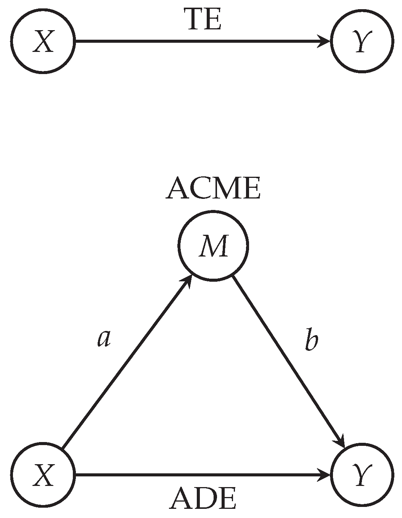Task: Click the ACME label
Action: pos(213,189)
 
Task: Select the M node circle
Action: pos(213,246)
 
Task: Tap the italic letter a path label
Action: pos(104,338)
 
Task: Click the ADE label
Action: pos(203,499)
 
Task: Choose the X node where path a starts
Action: pos(43,475)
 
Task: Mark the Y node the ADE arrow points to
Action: pos(361,475)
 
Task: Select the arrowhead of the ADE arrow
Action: pos(325,475)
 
